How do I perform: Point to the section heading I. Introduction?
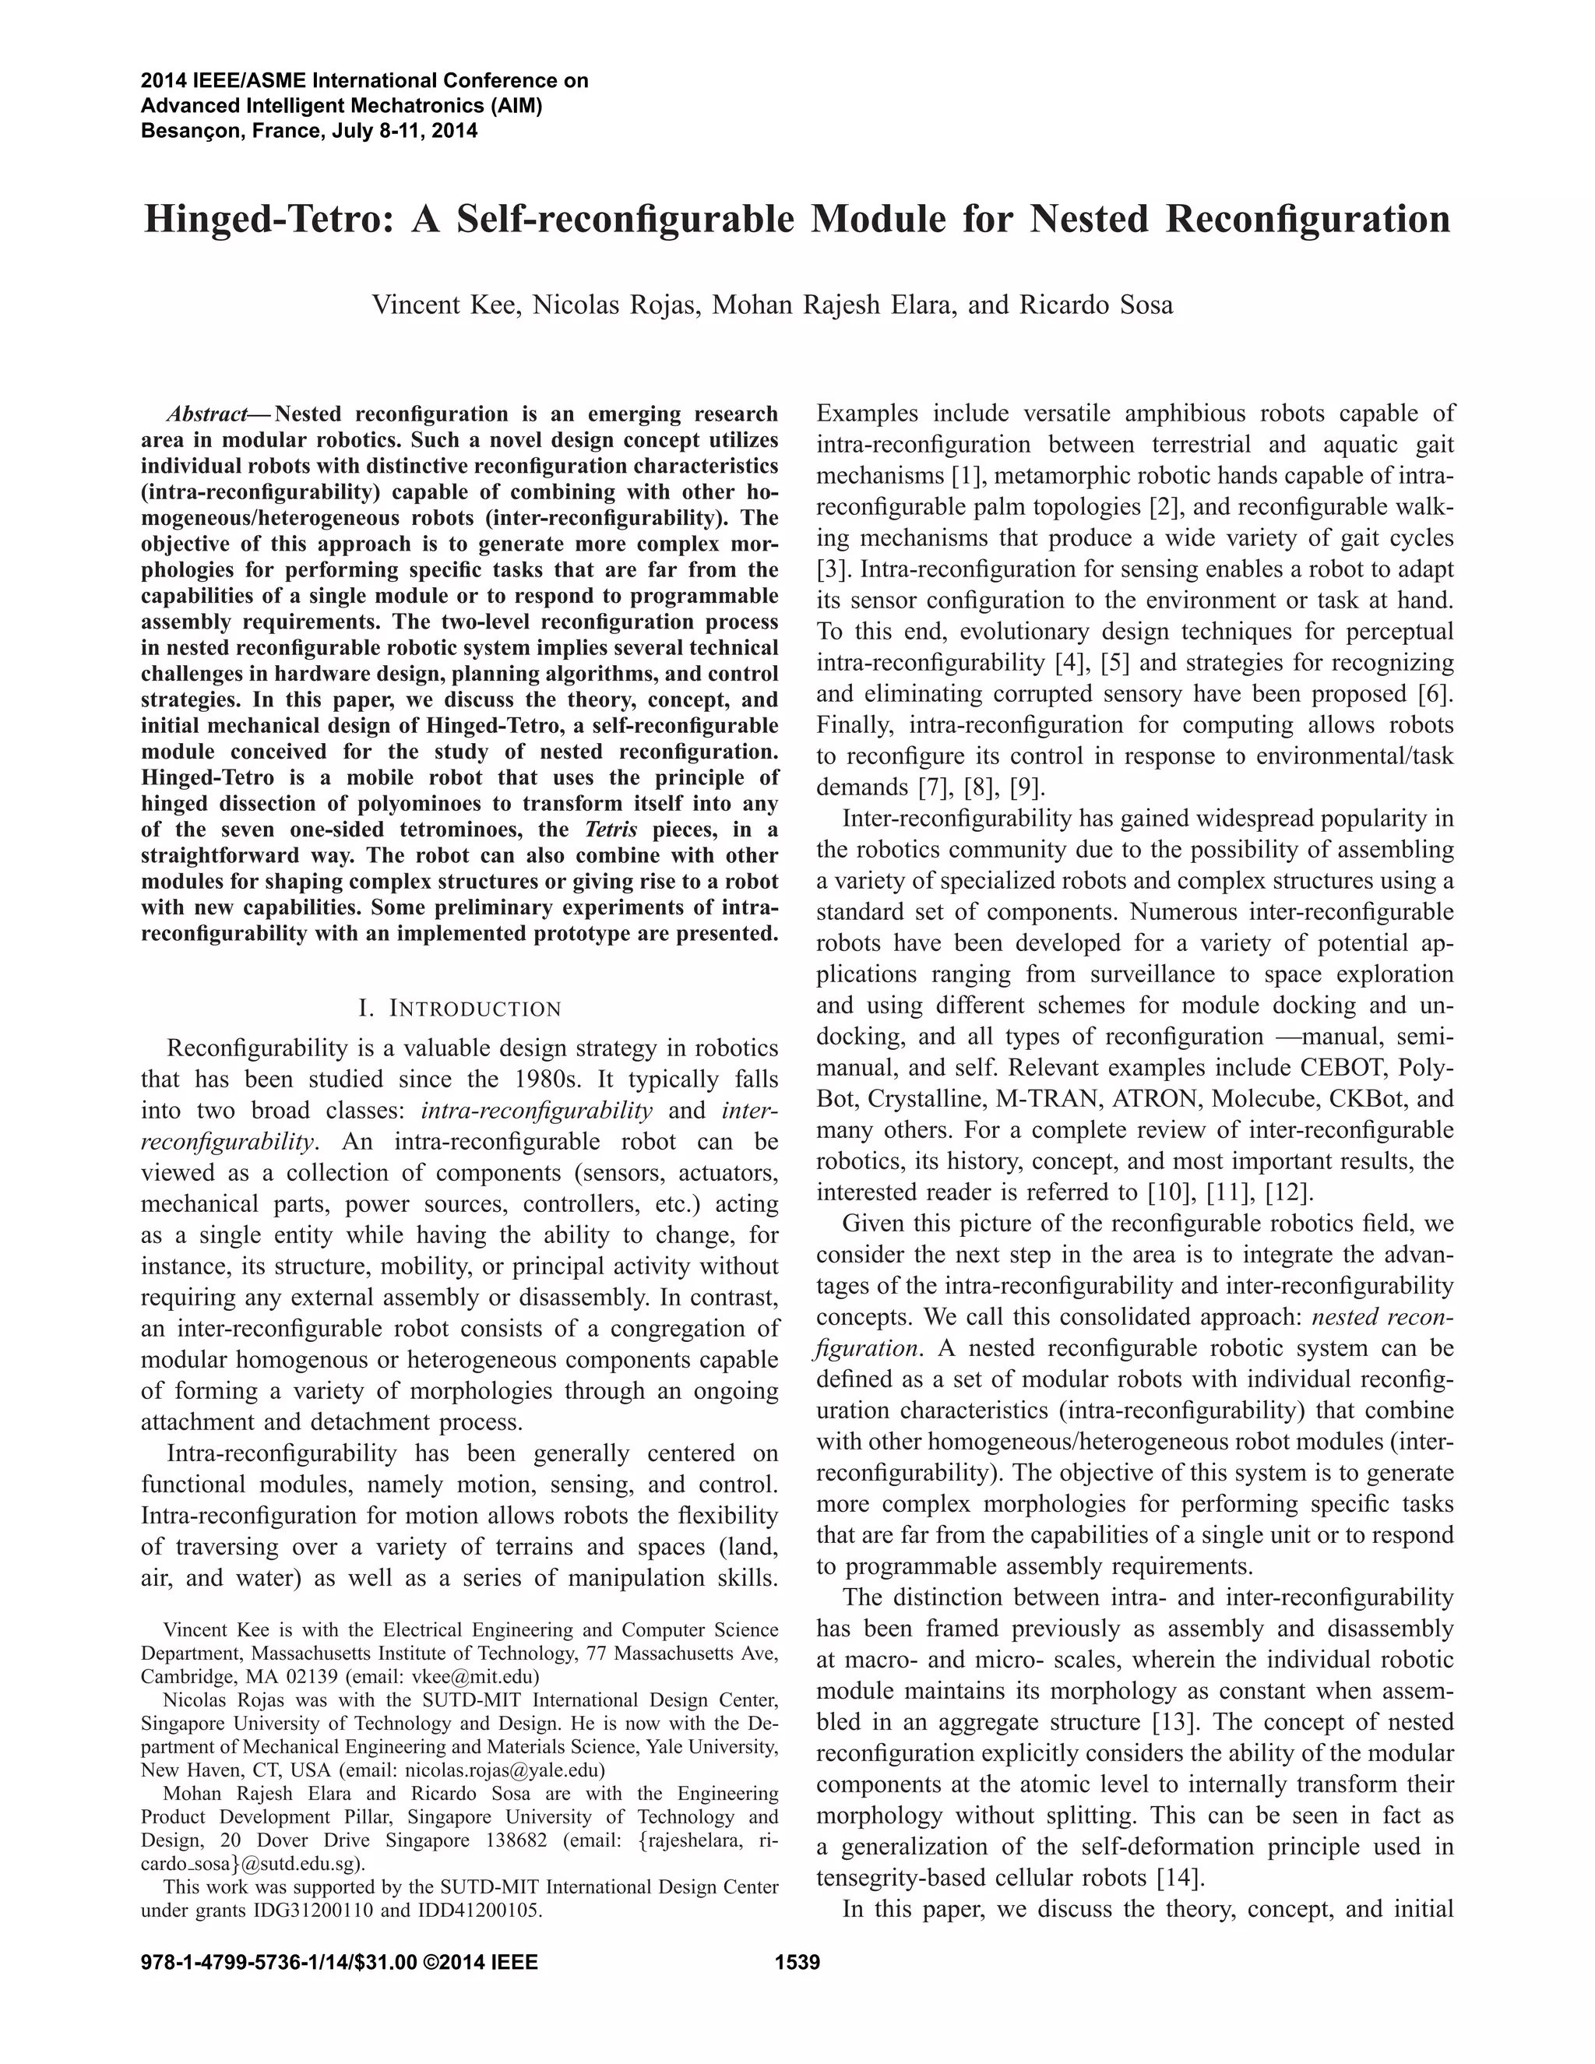coord(460,1009)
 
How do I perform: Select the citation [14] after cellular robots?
coord(1178,1877)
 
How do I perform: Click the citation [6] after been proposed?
coord(1435,694)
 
